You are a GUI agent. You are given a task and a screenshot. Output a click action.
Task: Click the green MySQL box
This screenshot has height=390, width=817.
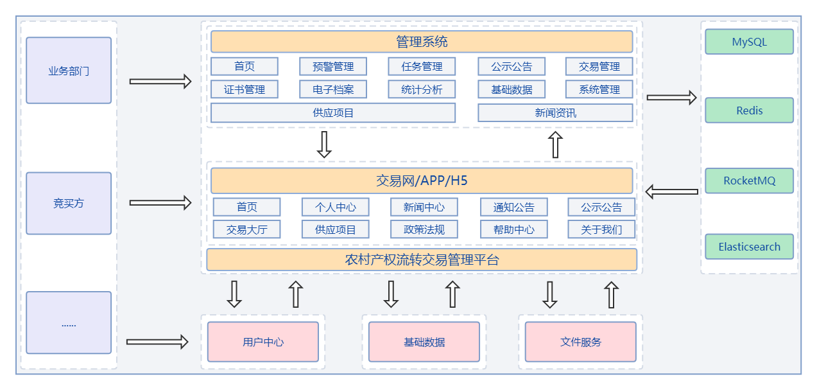tap(749, 42)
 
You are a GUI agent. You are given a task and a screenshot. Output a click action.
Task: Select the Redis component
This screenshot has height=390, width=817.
tap(749, 110)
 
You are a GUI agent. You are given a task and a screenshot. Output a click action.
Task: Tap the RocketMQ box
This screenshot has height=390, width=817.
tap(749, 181)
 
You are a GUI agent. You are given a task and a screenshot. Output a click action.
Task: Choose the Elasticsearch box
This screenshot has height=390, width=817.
tap(749, 247)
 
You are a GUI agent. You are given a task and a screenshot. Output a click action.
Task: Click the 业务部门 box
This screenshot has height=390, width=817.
tap(69, 71)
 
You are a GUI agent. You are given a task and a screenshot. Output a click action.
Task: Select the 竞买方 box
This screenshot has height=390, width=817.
tap(69, 203)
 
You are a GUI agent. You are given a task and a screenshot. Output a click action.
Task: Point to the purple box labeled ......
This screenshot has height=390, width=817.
tap(69, 323)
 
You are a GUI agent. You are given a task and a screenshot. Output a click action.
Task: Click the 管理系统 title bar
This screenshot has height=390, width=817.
tap(422, 42)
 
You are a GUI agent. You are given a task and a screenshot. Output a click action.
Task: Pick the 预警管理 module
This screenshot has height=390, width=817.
tap(333, 66)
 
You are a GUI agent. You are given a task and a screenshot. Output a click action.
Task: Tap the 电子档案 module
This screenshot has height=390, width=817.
tap(333, 89)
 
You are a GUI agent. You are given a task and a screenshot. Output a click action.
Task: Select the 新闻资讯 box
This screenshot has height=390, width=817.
tap(555, 112)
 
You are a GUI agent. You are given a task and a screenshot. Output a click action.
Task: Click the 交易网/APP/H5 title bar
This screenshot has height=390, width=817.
tap(422, 181)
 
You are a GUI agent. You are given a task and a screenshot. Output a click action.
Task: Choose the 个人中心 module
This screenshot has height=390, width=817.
tap(336, 207)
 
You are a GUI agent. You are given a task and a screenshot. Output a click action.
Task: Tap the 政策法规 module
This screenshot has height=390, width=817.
tap(424, 229)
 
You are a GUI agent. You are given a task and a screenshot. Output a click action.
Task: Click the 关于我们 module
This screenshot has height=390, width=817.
tap(601, 229)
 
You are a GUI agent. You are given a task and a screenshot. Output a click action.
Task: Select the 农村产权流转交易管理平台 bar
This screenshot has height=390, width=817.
tap(422, 260)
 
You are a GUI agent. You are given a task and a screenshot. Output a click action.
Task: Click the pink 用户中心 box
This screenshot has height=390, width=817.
tap(263, 342)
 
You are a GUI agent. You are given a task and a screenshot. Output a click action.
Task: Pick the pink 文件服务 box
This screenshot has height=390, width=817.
tap(581, 342)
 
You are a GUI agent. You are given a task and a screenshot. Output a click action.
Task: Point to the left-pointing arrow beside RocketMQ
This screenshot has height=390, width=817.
tap(671, 191)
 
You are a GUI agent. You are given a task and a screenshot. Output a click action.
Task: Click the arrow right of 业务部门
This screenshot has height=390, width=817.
tap(160, 82)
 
